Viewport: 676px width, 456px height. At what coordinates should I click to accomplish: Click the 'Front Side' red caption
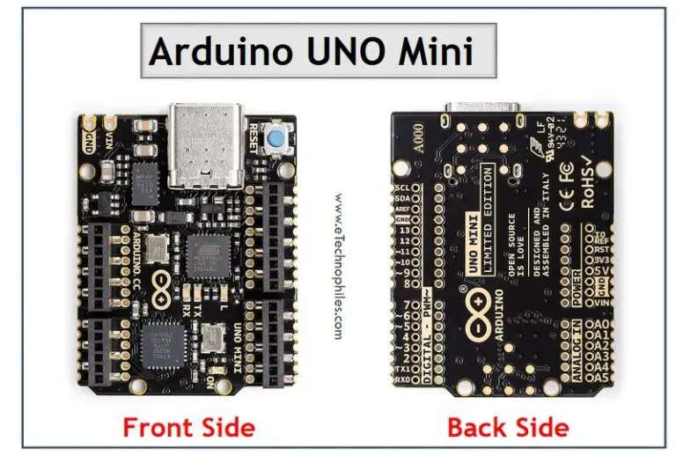pos(188,428)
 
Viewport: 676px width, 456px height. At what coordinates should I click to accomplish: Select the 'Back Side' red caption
pos(508,428)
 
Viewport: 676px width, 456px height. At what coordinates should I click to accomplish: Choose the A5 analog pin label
pos(601,379)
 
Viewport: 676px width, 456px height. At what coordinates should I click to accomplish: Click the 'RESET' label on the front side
pos(255,138)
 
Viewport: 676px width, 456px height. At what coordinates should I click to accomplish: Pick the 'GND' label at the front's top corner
pos(89,140)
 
